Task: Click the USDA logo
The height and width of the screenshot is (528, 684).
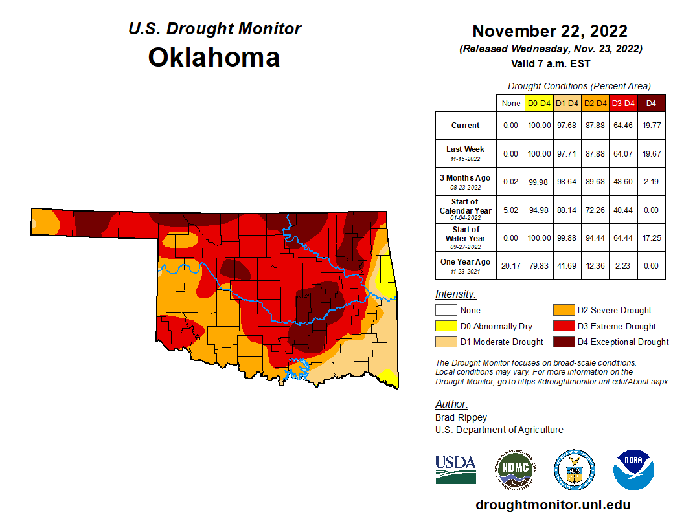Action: tap(455, 469)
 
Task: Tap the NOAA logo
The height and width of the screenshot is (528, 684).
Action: tap(634, 470)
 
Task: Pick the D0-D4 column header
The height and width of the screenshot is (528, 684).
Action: tap(539, 103)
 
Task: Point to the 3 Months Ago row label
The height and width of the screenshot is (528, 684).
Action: tap(465, 181)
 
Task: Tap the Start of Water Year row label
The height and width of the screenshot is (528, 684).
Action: tap(465, 237)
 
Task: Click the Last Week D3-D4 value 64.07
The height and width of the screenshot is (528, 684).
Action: tap(622, 153)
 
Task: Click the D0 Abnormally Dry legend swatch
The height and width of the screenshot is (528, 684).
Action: tap(445, 326)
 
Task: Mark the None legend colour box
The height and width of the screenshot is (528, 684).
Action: tap(445, 310)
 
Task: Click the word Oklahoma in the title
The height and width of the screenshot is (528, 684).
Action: tap(214, 58)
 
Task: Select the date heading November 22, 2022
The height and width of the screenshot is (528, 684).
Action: tap(549, 31)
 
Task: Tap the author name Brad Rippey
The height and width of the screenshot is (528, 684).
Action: tap(461, 417)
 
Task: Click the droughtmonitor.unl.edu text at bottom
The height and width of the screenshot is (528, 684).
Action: tap(553, 505)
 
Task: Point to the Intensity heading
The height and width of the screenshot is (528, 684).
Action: tap(455, 294)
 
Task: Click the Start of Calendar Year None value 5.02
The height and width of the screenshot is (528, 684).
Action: tap(511, 210)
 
